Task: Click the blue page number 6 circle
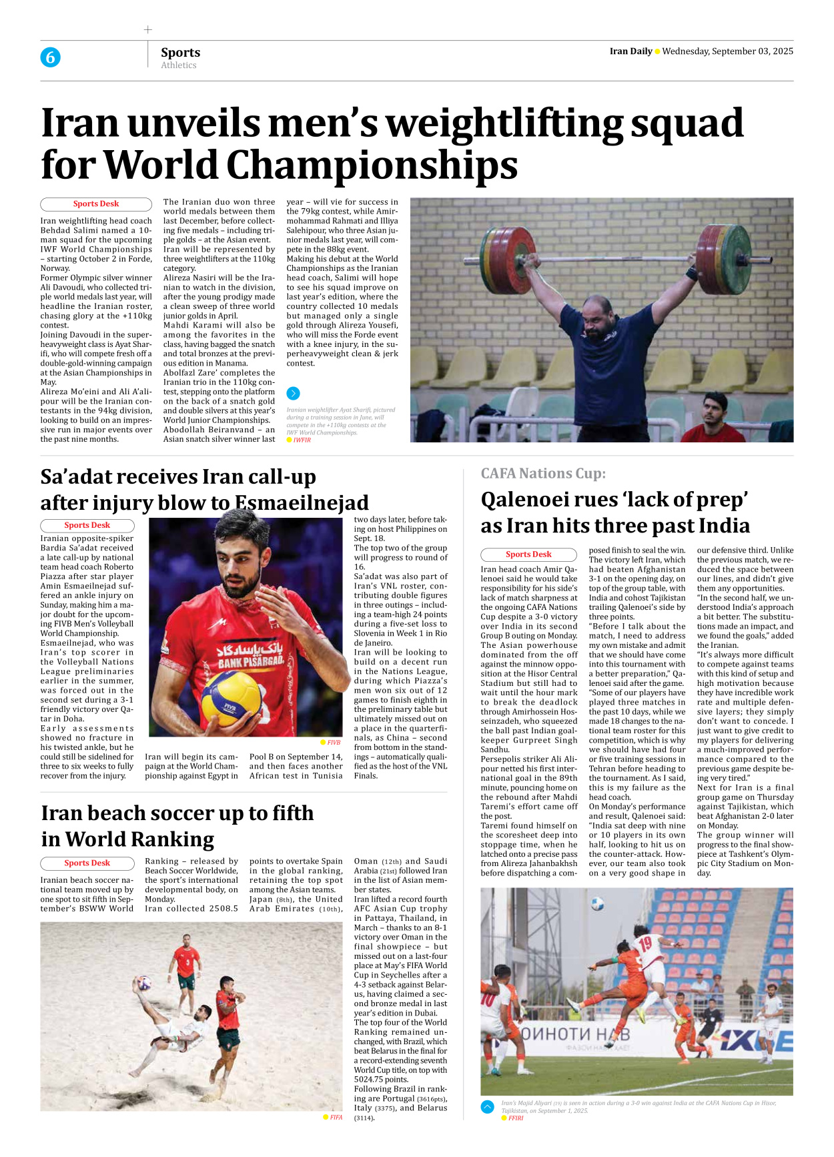(x=50, y=57)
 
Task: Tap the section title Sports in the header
(x=180, y=52)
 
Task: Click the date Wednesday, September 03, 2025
(x=727, y=51)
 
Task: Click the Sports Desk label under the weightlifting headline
(x=96, y=204)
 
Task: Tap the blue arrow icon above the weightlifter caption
(x=293, y=394)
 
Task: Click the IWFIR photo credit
(x=302, y=440)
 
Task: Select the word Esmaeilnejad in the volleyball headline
(x=302, y=502)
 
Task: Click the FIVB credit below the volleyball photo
(x=334, y=742)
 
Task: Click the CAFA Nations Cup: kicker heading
(x=543, y=474)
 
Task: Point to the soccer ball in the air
(x=597, y=904)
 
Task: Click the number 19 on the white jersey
(x=645, y=944)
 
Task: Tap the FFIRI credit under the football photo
(x=516, y=1118)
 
